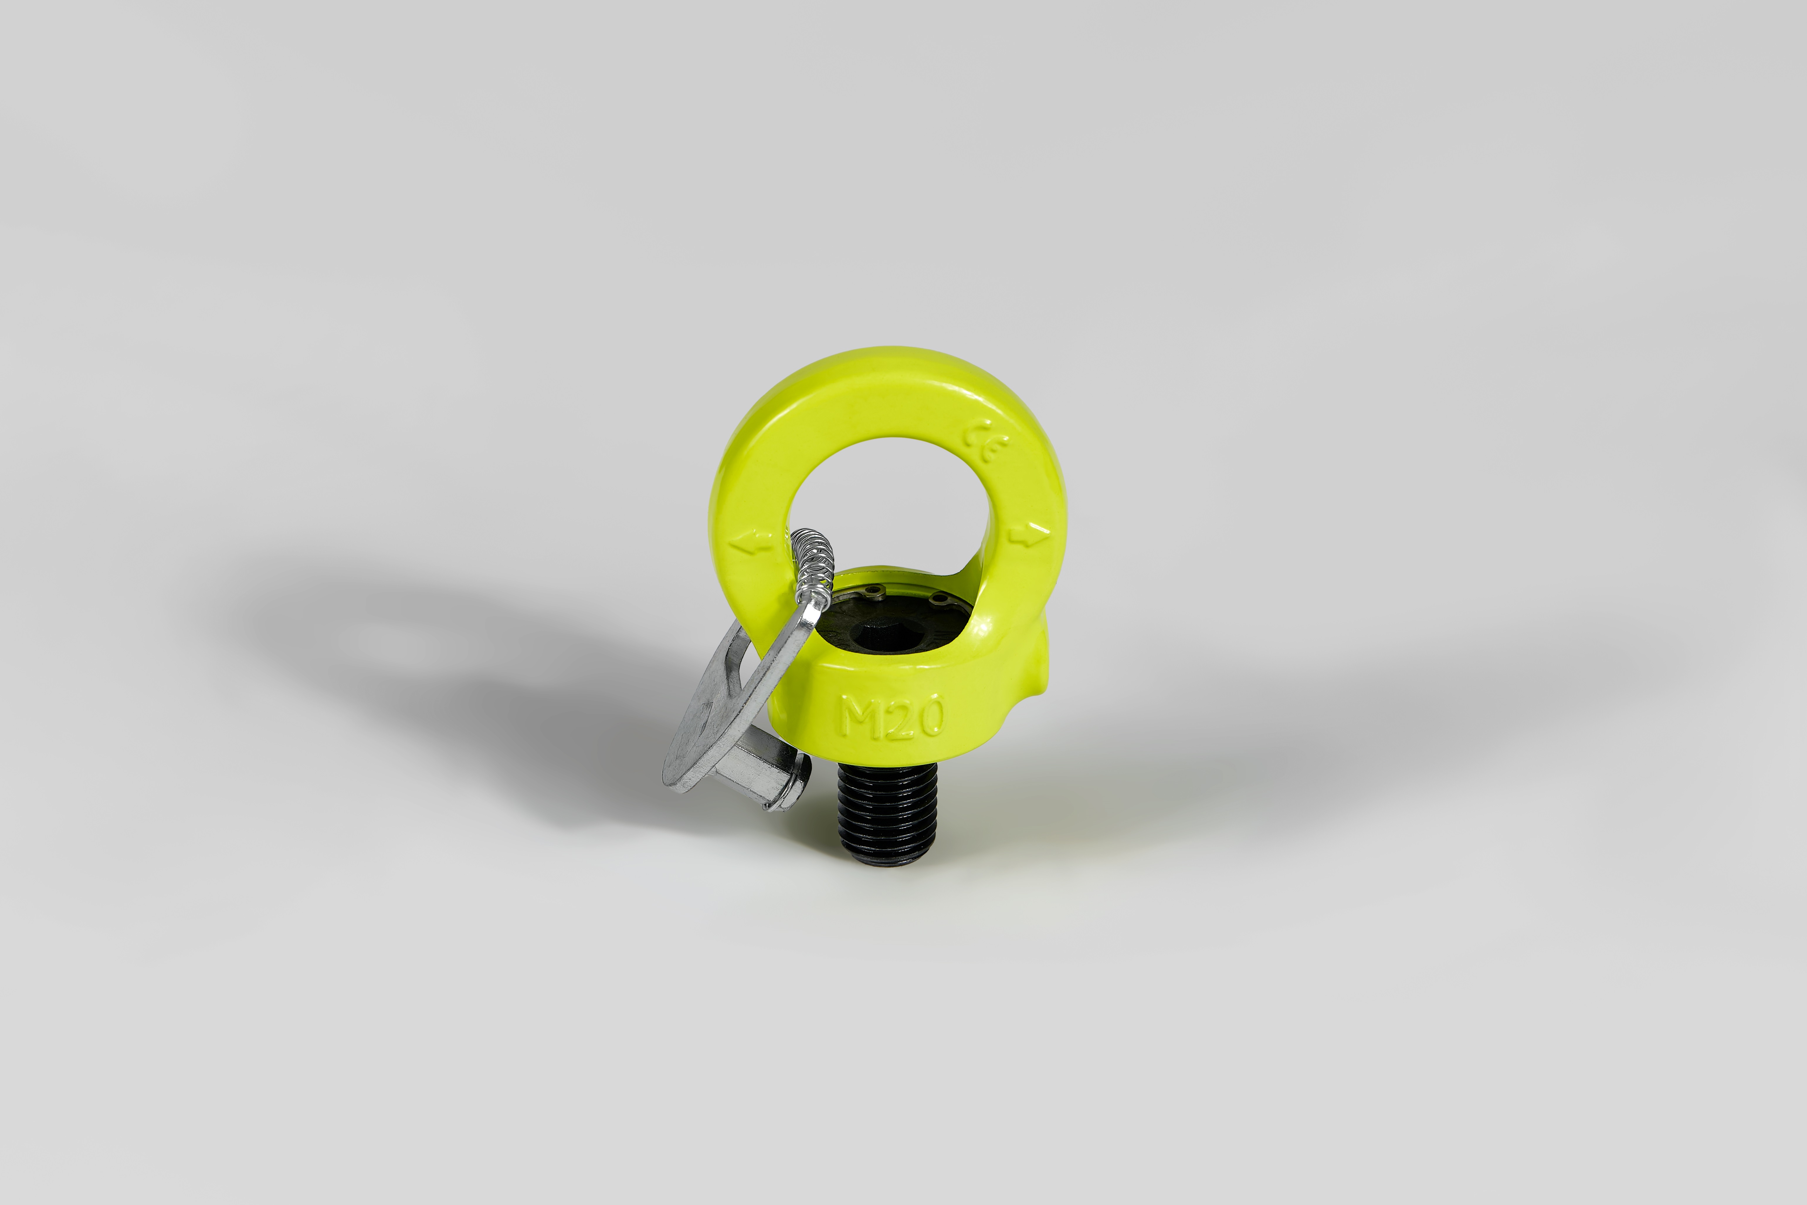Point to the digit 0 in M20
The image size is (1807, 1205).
click(x=932, y=716)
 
